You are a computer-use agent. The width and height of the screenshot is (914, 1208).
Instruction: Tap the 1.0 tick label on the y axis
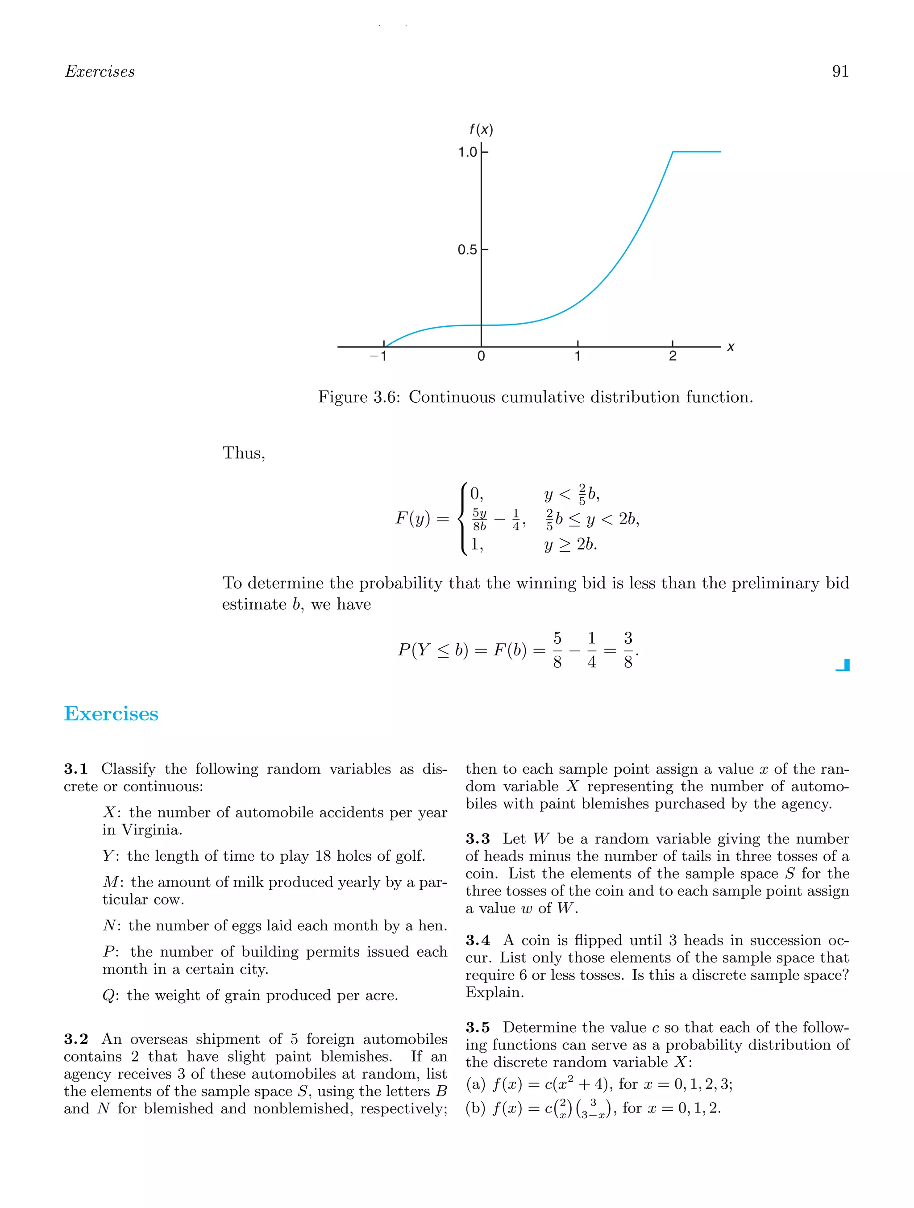[467, 152]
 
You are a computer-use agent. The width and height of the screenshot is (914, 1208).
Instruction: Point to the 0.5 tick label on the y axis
[467, 250]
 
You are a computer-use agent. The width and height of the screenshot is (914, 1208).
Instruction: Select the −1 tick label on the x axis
[378, 357]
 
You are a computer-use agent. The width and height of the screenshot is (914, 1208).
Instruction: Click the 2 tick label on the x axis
[673, 357]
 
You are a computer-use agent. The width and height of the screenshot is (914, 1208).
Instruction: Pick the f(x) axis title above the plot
[481, 129]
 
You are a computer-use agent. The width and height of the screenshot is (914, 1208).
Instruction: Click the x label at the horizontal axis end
[731, 347]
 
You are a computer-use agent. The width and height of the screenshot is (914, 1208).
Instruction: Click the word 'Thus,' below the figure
[244, 453]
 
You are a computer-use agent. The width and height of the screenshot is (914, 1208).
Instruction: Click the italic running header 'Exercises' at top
[100, 71]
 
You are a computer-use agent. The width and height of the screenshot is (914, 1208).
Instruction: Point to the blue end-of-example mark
[843, 665]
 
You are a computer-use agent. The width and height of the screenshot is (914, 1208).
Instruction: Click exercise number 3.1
[76, 769]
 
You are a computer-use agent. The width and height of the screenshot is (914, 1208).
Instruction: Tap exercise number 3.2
[76, 1039]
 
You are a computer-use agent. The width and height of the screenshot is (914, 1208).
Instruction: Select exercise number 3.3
[478, 839]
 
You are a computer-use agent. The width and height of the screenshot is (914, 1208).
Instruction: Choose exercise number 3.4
[478, 941]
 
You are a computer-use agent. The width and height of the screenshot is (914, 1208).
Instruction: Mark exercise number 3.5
[478, 1027]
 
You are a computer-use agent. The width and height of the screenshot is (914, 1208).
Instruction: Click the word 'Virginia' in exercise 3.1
[151, 830]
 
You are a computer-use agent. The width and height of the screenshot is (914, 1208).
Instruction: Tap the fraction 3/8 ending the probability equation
[628, 650]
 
